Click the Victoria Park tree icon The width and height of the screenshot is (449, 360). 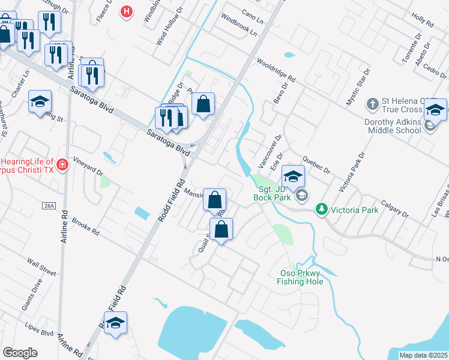322,209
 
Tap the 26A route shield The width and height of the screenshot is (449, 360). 49,206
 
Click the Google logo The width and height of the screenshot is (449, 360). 20,353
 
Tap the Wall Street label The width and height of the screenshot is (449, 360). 41,268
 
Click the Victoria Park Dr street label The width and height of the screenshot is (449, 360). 352,172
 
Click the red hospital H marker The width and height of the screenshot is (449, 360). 126,11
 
